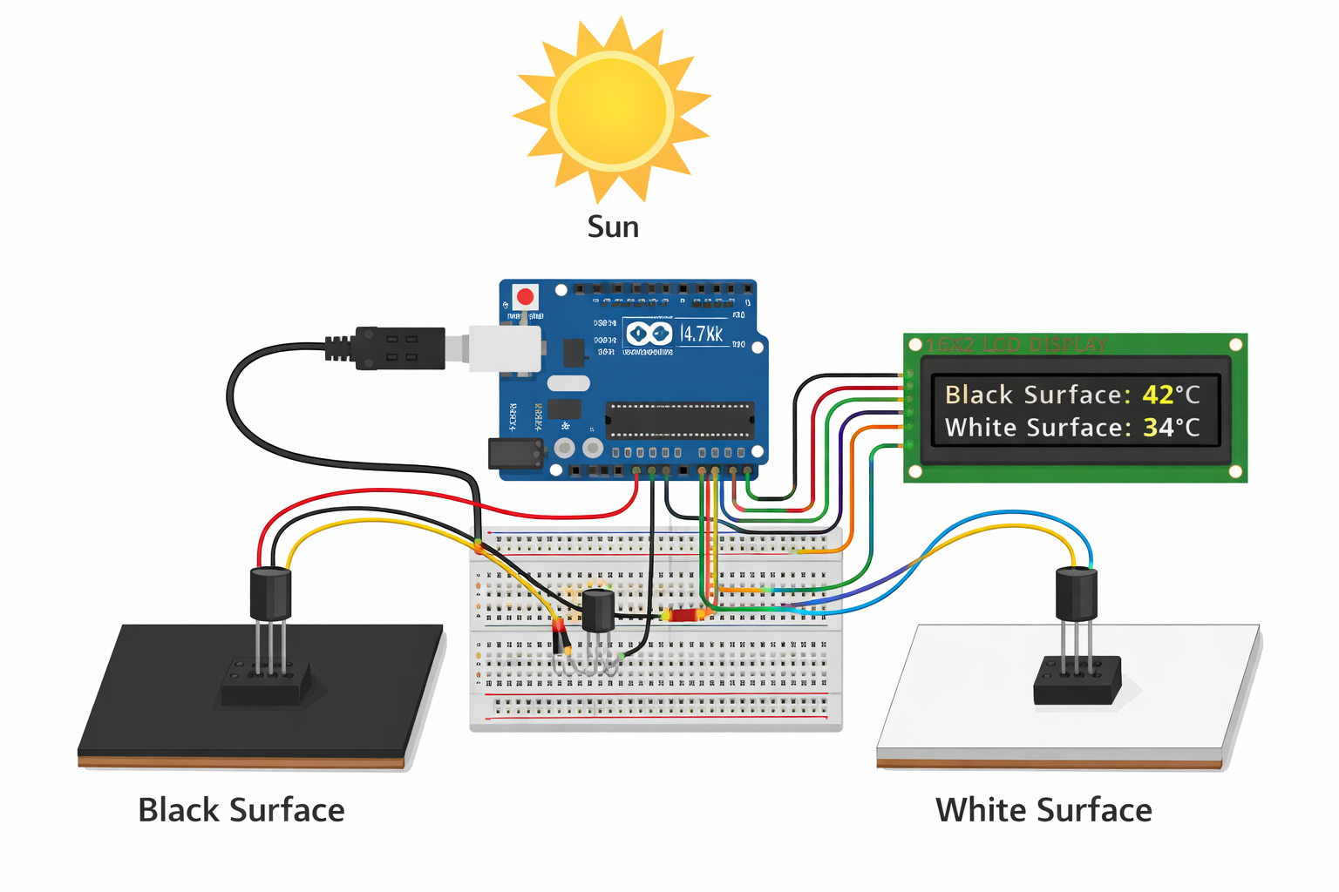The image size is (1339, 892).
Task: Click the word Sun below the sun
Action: [x=613, y=226]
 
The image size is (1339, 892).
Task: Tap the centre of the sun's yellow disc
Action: [x=612, y=111]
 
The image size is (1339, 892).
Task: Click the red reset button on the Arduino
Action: [x=525, y=297]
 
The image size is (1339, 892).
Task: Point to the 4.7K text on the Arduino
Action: [x=701, y=334]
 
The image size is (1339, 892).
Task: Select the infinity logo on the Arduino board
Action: [x=649, y=334]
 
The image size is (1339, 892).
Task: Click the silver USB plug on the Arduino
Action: [x=504, y=348]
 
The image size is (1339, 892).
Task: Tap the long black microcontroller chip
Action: [x=679, y=420]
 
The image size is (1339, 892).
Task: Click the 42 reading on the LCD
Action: [x=1158, y=395]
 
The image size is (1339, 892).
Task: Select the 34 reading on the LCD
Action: [x=1158, y=428]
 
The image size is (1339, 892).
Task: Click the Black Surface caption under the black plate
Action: [x=241, y=810]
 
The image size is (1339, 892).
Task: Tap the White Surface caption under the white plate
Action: [x=1043, y=810]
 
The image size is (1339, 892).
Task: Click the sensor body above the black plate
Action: [x=270, y=593]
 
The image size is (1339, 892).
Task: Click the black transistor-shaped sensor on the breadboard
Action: [x=598, y=610]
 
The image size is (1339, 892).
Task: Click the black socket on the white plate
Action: [x=1077, y=681]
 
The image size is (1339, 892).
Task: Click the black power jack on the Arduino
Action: [x=515, y=454]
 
